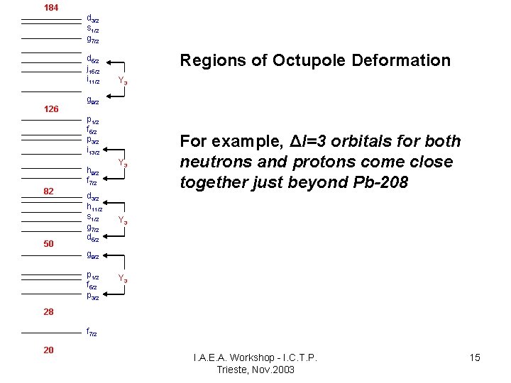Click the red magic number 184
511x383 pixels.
[51, 8]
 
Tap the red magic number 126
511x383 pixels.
[51, 109]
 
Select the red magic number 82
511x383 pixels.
[48, 191]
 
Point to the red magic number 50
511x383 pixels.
[48, 244]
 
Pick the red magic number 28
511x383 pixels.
[48, 312]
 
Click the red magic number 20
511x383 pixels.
[48, 350]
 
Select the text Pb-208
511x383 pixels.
[380, 183]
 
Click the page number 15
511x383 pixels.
[475, 357]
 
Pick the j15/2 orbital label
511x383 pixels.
[93, 70]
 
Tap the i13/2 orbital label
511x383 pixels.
[93, 151]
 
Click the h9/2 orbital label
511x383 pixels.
[92, 172]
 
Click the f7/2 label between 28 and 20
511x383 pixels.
[92, 332]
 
